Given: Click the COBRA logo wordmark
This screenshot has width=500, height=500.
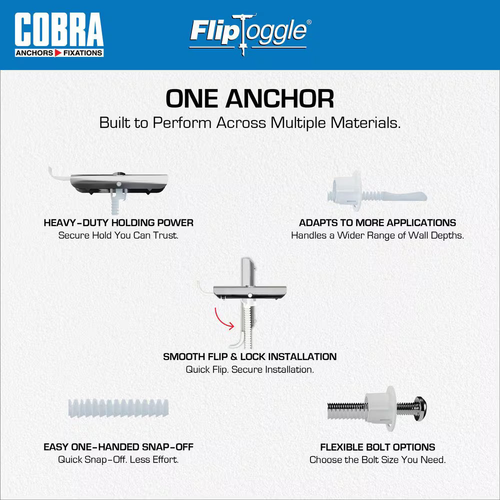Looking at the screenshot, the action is (x=59, y=29).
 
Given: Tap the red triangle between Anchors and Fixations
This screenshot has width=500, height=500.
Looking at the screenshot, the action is (x=58, y=53).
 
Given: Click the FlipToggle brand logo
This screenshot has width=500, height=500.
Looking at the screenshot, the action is (x=248, y=34).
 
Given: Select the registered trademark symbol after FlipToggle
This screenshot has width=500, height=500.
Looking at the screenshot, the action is (x=308, y=22).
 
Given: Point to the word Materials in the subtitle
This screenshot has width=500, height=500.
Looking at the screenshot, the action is (x=365, y=123).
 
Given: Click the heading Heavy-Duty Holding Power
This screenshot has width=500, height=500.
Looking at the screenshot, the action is (x=118, y=222).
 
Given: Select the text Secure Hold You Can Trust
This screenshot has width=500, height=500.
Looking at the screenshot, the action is (x=118, y=235).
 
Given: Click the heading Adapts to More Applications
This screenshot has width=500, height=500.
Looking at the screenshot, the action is (x=377, y=222).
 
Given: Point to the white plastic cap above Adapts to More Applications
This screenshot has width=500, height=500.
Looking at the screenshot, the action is (x=346, y=190).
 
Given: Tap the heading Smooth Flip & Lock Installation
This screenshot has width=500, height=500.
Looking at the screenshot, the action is (x=249, y=356).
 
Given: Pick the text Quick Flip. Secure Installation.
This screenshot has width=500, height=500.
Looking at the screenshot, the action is (x=249, y=369).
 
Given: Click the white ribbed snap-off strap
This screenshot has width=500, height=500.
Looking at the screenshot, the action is (x=118, y=408).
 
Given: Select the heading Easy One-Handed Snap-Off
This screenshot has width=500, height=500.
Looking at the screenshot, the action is (x=118, y=447).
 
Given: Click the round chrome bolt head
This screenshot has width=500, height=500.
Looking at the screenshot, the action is (x=420, y=408).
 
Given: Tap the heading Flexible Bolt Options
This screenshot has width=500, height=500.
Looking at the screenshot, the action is (x=377, y=447).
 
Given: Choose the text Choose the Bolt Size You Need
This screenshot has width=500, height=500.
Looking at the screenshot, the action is (x=377, y=460).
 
